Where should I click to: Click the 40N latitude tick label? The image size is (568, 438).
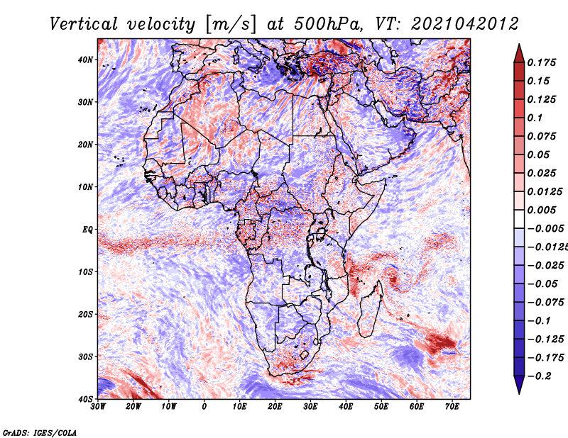(x=85, y=60)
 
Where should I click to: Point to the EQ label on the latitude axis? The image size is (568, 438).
(x=87, y=230)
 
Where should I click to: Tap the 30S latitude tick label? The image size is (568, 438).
(x=85, y=356)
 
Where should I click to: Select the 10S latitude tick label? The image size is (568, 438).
(x=85, y=272)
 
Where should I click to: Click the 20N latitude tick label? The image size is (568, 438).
(x=85, y=145)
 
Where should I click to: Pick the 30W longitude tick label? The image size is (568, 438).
(x=98, y=407)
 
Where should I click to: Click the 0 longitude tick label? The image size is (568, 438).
(x=204, y=407)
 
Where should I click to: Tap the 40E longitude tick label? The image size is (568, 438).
(x=346, y=407)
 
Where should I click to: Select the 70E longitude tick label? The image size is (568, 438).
(x=452, y=407)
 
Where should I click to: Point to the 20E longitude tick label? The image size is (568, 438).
(x=275, y=407)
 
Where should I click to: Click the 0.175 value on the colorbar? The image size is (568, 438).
(x=541, y=62)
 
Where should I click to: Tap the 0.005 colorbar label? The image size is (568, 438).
(x=541, y=210)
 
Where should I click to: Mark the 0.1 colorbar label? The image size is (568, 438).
(x=535, y=118)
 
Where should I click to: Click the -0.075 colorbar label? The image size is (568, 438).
(x=545, y=303)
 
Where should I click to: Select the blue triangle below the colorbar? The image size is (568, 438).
(x=519, y=384)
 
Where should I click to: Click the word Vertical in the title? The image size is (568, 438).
(x=84, y=24)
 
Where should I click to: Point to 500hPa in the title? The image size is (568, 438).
(x=327, y=24)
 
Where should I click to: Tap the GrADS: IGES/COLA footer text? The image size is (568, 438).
(x=40, y=433)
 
